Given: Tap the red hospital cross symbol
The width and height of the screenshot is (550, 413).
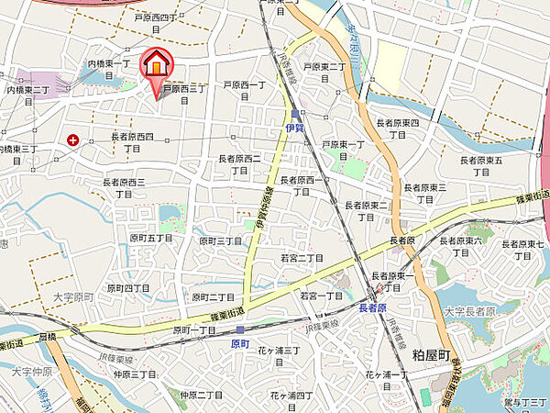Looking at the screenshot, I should (x=72, y=140).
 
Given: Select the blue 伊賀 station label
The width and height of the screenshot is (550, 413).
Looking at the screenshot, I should (x=292, y=128).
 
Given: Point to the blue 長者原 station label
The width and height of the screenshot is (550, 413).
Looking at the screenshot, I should (x=372, y=307).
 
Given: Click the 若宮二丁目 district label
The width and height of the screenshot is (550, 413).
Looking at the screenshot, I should (x=302, y=258).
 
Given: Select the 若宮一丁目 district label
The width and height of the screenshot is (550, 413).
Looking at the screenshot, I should (x=321, y=296).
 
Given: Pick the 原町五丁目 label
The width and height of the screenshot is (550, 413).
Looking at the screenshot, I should (x=151, y=238).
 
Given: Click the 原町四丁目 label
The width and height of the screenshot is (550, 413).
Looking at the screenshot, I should (x=128, y=287).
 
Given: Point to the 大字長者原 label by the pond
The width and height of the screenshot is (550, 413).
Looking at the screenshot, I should (x=468, y=312).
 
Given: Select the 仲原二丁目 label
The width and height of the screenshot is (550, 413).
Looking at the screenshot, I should (x=202, y=394).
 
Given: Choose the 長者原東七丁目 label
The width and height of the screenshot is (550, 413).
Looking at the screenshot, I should (x=523, y=249).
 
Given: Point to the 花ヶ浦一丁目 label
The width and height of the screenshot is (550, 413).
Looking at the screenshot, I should (x=386, y=374).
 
